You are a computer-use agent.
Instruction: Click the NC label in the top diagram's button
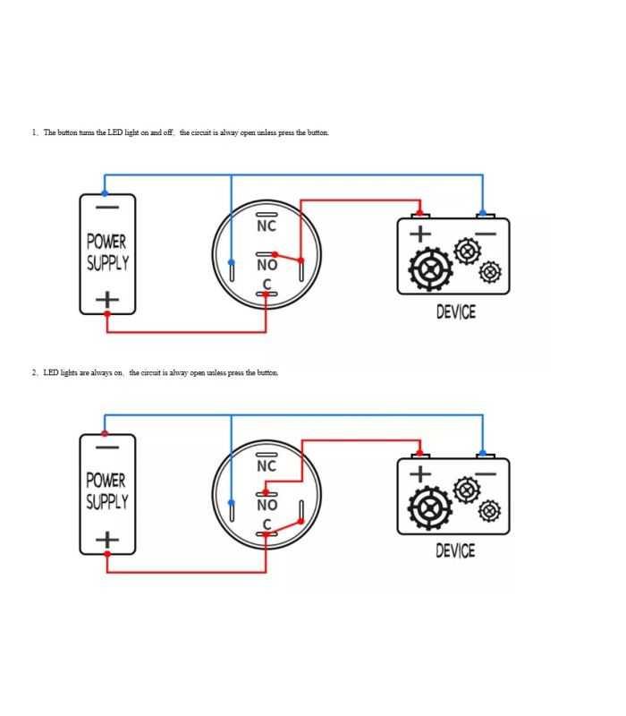[x=266, y=226]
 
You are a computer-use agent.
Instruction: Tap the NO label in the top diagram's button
[x=266, y=265]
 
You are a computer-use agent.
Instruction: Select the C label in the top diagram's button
[x=266, y=286]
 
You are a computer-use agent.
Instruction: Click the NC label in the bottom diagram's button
[x=266, y=466]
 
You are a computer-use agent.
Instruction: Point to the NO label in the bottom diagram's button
[x=266, y=505]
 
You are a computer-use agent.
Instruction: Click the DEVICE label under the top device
[x=455, y=311]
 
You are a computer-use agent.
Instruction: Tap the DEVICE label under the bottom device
[x=455, y=550]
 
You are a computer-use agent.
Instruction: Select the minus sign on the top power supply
[x=107, y=208]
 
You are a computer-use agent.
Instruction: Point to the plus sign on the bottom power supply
[x=107, y=539]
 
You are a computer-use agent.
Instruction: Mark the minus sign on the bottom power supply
[x=107, y=447]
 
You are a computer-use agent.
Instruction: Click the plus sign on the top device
[x=420, y=234]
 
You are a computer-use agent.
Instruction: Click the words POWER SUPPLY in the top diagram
[x=107, y=252]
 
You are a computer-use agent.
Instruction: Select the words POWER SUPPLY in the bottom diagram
[x=107, y=491]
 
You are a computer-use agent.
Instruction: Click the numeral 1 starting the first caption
[x=34, y=132]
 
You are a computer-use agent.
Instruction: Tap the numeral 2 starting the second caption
[x=34, y=372]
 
